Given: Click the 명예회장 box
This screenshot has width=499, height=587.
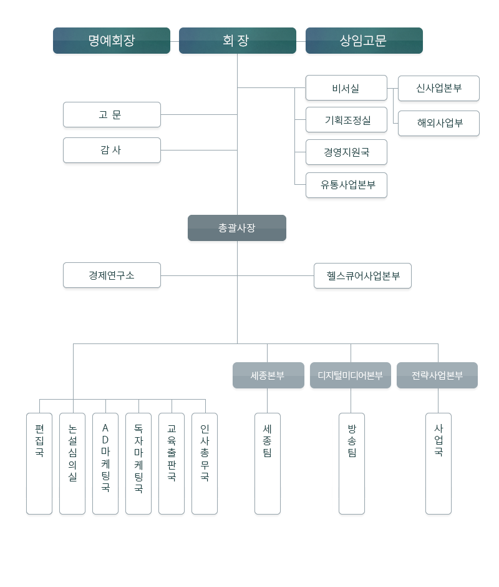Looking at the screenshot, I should pyautogui.click(x=112, y=41).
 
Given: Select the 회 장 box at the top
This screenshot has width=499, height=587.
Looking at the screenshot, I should pyautogui.click(x=237, y=41).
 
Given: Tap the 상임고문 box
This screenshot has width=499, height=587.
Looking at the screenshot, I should pyautogui.click(x=364, y=41).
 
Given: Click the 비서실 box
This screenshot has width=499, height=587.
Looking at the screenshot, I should pyautogui.click(x=346, y=88).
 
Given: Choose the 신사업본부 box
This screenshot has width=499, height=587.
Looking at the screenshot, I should pyautogui.click(x=438, y=88).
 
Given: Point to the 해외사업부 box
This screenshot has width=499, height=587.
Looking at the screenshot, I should pyautogui.click(x=438, y=123).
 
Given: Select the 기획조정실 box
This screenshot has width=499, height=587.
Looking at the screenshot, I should pyautogui.click(x=346, y=120).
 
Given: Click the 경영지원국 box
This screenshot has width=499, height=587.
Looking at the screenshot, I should pyautogui.click(x=346, y=152).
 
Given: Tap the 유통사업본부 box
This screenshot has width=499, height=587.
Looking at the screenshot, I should pyautogui.click(x=346, y=185).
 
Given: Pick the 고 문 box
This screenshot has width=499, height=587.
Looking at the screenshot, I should pyautogui.click(x=112, y=115).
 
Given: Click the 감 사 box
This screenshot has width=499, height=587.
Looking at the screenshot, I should pyautogui.click(x=112, y=150).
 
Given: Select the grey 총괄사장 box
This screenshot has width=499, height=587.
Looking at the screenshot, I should pyautogui.click(x=237, y=228).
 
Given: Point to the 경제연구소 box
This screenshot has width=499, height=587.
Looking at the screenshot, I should pyautogui.click(x=112, y=275).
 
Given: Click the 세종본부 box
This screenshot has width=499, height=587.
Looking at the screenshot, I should pyautogui.click(x=268, y=375).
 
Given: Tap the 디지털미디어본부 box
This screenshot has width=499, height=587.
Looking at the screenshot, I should pyautogui.click(x=351, y=375).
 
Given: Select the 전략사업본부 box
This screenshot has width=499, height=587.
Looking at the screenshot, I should pyautogui.click(x=437, y=375).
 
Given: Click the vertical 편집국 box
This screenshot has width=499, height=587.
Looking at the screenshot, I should pyautogui.click(x=39, y=463).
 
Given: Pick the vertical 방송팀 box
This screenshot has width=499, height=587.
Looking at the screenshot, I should pyautogui.click(x=352, y=463).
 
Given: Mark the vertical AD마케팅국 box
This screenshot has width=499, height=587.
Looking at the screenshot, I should pyautogui.click(x=105, y=463).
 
